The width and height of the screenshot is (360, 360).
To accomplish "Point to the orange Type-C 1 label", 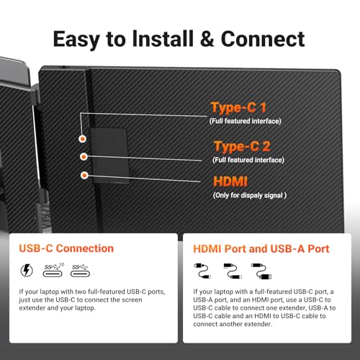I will coord(239,108).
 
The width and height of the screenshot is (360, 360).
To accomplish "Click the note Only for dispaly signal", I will coord(250,195).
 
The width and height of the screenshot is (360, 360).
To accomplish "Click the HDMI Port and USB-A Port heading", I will coord(261,248).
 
